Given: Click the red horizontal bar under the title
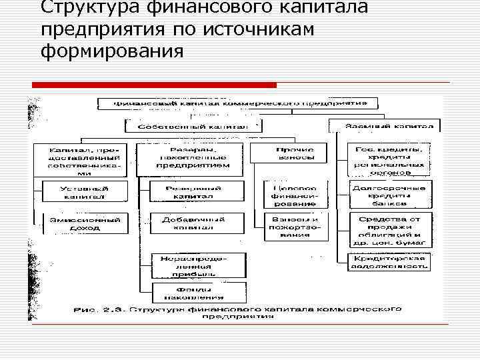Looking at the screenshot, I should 154,85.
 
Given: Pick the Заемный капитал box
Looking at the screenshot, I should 383,125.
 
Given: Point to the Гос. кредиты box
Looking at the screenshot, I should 387,159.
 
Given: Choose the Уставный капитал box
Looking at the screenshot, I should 84,192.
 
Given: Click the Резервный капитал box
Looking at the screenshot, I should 193,192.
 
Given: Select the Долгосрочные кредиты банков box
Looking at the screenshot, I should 387,193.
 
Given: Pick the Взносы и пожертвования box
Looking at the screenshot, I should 295,227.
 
